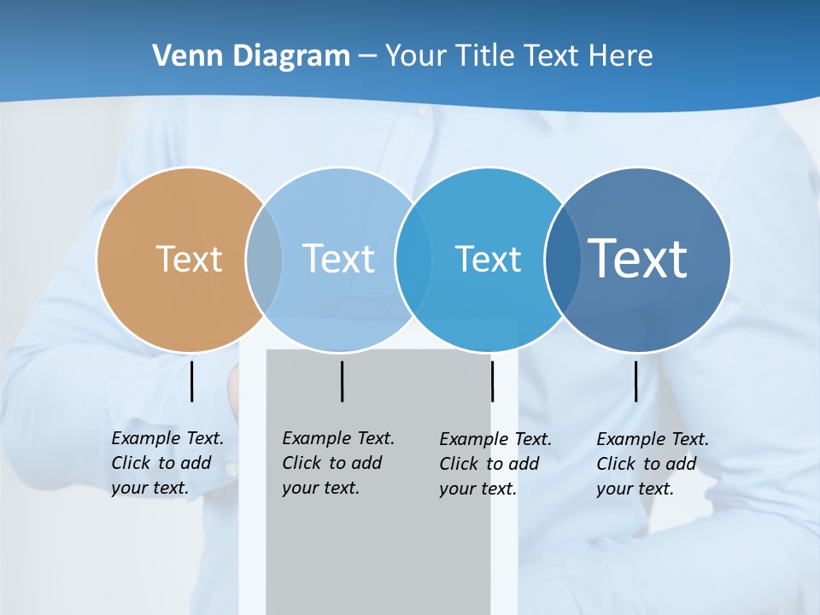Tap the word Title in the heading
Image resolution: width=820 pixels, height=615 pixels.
486,56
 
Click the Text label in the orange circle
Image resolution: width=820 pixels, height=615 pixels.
189,259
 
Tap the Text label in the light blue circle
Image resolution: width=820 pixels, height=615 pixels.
338,259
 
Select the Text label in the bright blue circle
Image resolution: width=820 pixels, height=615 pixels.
488,259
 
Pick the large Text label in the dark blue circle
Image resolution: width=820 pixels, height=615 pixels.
637,258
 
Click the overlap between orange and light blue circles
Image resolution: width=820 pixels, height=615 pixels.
264,259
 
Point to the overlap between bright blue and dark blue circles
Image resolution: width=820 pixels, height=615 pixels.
562,259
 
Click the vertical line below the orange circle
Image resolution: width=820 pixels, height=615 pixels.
191,381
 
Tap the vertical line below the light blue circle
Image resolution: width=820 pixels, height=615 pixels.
342,381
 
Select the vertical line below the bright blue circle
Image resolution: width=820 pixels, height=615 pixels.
492,381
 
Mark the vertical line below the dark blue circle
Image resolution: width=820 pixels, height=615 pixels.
635,381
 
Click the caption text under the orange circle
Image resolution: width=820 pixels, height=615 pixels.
167,463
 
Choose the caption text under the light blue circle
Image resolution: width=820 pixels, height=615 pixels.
337,463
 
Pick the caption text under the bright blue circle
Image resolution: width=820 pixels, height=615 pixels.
495,464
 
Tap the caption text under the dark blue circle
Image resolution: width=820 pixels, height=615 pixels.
652,464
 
